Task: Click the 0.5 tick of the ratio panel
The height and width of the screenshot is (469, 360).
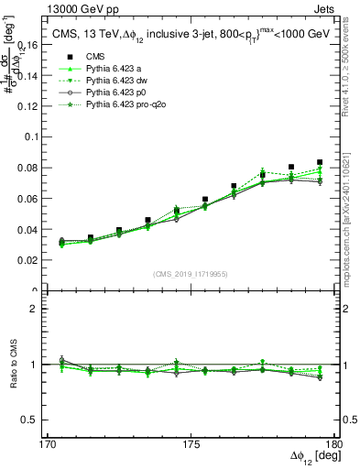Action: coord(39,420)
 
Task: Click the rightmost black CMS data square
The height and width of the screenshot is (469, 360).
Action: coord(320,162)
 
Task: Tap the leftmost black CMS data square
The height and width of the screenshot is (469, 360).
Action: coord(62,242)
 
